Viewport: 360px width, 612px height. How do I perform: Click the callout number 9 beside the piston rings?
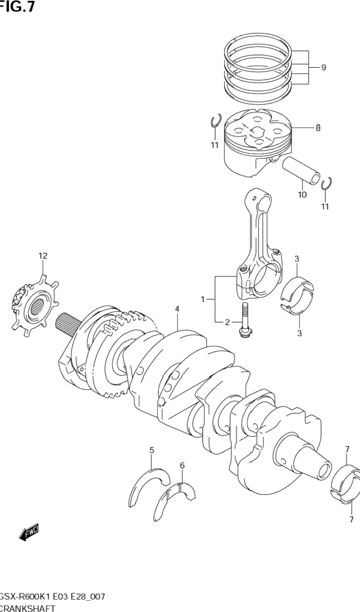(x=323, y=68)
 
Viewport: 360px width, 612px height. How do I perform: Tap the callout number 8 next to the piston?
(x=318, y=128)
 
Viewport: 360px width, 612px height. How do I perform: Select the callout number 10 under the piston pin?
(x=302, y=195)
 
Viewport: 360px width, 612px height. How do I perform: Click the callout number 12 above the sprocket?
(x=43, y=256)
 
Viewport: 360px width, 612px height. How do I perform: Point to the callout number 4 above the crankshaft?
(x=178, y=309)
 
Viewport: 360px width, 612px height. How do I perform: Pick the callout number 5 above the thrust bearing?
(x=152, y=450)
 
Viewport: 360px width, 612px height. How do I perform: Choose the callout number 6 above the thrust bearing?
(x=182, y=466)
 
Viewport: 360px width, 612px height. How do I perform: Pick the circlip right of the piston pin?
(x=327, y=184)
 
